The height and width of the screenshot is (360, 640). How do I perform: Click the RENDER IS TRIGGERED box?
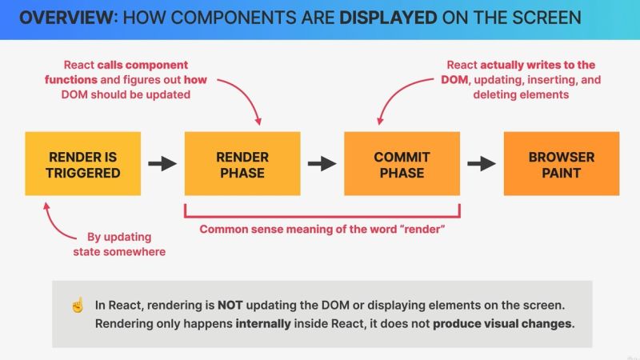click(83, 164)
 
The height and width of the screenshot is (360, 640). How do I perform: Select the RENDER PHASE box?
click(242, 164)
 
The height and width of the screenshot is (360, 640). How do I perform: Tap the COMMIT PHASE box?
click(402, 164)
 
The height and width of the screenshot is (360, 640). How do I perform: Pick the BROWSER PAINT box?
click(561, 164)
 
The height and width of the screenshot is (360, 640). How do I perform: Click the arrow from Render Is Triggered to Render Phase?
click(162, 164)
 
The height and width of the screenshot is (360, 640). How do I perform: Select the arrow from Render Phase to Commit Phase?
click(322, 164)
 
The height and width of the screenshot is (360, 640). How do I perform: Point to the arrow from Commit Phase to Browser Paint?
click(481, 164)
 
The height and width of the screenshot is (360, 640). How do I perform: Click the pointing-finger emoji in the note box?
click(78, 305)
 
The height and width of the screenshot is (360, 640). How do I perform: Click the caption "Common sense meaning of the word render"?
click(322, 230)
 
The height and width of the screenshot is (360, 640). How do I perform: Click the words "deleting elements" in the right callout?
click(520, 94)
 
